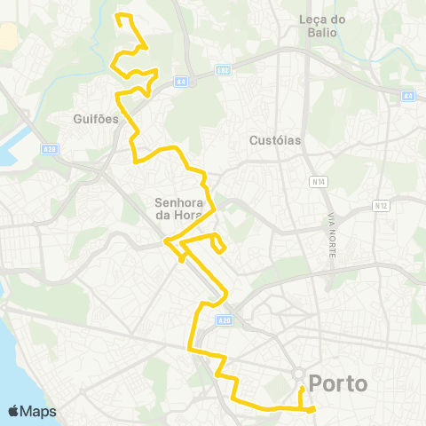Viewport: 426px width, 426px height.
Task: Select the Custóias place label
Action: pyautogui.click(x=276, y=140)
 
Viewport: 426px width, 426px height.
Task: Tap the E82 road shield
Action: pyautogui.click(x=223, y=70)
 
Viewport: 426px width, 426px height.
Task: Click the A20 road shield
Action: pyautogui.click(x=224, y=319)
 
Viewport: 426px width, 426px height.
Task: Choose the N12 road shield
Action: pyautogui.click(x=382, y=206)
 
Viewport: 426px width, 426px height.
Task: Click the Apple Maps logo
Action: pyautogui.click(x=32, y=411)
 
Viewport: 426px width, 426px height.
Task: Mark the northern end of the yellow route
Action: pyautogui.click(x=120, y=15)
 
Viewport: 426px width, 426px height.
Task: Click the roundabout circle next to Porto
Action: pyautogui.click(x=299, y=374)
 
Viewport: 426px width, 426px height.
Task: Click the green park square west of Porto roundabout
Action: pyautogui.click(x=280, y=383)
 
